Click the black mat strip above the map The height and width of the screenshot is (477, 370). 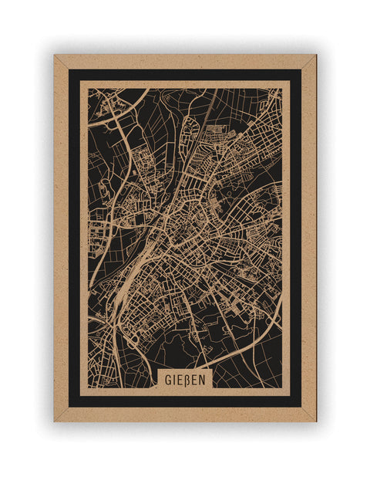[185, 75]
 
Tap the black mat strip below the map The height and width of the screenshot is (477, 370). [185, 401]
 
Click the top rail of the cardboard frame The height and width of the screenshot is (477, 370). [185, 61]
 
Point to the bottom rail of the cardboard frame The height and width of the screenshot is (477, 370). [185, 414]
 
